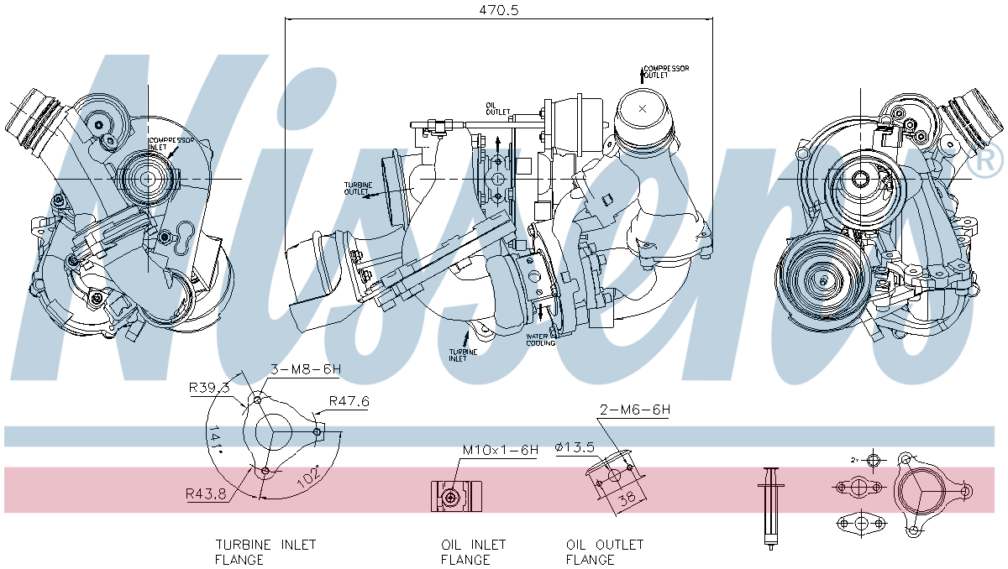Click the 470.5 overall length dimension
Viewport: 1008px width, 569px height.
pos(498,10)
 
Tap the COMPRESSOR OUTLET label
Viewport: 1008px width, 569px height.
pos(666,71)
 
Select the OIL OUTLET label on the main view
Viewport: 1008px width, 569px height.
pos(497,109)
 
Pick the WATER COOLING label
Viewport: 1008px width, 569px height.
pos(541,340)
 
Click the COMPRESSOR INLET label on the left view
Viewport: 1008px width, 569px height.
pos(171,144)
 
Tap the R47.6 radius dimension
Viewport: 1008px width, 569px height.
pos(349,401)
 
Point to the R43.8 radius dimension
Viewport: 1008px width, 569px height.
pos(206,494)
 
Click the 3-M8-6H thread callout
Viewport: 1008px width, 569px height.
pos(305,369)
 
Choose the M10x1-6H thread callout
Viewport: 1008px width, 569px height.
pos(500,450)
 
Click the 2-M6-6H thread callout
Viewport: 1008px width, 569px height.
pos(634,410)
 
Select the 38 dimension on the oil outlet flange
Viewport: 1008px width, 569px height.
pos(627,497)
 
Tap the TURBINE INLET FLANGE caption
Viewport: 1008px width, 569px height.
pos(265,552)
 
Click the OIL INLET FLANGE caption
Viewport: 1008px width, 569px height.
pos(474,552)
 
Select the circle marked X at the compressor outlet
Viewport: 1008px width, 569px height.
pos(643,109)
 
